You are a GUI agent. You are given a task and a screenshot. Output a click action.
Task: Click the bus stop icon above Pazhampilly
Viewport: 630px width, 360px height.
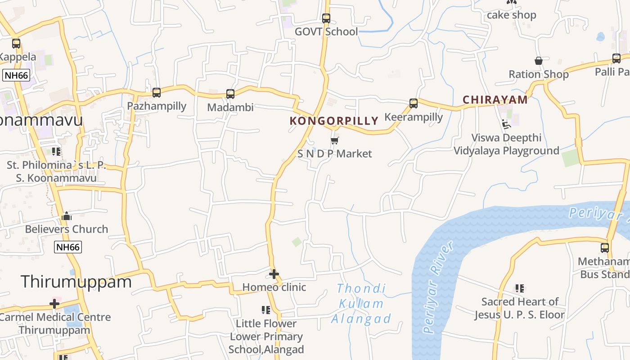click(x=157, y=93)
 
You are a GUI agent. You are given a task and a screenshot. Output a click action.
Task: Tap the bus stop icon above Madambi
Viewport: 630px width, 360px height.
click(x=230, y=94)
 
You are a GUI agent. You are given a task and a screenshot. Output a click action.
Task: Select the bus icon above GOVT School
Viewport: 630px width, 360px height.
click(x=326, y=18)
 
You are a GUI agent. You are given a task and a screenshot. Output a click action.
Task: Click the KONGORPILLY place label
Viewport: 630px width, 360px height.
click(x=334, y=121)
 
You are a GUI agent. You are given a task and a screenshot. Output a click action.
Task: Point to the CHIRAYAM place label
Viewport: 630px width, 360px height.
click(x=495, y=100)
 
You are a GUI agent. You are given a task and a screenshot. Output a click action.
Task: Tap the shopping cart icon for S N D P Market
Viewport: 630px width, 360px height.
click(x=334, y=140)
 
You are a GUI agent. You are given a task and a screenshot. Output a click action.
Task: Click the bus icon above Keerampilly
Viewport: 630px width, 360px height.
click(x=414, y=103)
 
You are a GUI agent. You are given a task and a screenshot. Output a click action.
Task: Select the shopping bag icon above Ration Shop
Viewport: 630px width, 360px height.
click(x=539, y=61)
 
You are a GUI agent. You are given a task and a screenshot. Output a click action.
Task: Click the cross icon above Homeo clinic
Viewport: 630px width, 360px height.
click(x=274, y=274)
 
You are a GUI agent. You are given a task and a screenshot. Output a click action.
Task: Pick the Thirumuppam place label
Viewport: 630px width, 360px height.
click(x=76, y=282)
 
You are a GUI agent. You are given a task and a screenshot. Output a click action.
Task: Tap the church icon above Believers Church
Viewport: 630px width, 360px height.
click(x=67, y=216)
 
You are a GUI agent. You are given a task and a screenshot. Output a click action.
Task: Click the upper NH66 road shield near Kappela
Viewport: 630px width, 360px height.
click(x=16, y=75)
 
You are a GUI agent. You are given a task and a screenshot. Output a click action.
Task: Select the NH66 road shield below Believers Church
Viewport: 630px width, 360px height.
click(x=68, y=247)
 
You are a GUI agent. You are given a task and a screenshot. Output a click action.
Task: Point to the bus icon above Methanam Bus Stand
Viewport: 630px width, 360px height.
click(x=605, y=248)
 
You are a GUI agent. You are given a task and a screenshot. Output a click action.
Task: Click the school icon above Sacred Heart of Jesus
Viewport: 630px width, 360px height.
click(x=520, y=288)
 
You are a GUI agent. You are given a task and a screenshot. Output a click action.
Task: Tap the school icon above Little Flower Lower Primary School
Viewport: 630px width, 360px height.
click(x=266, y=310)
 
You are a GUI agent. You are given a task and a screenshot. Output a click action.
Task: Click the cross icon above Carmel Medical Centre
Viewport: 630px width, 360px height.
click(x=54, y=304)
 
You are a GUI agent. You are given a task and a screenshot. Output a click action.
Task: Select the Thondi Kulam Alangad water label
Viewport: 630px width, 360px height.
click(x=361, y=304)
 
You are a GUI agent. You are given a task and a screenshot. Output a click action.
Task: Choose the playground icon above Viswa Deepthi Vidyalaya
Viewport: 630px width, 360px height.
click(x=506, y=124)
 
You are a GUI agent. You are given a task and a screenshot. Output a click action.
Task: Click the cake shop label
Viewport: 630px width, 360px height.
click(x=512, y=15)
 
